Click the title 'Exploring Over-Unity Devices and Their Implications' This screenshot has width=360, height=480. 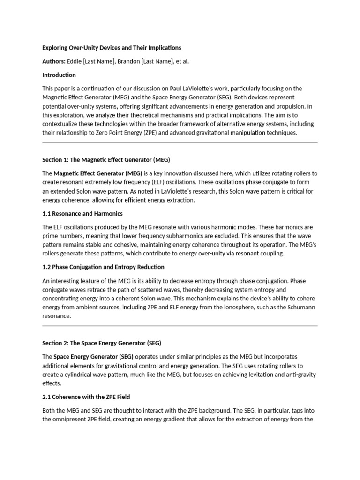[112, 48]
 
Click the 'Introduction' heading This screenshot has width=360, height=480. [59, 75]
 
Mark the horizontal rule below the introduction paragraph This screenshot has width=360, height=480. [180, 142]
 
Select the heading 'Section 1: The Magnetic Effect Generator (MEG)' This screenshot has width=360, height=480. [109, 160]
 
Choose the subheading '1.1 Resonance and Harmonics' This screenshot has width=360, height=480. [82, 214]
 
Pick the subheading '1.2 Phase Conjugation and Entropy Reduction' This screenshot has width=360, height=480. [103, 267]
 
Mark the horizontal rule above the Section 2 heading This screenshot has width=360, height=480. [180, 325]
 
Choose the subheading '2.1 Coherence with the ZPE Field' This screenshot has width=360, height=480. [86, 397]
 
